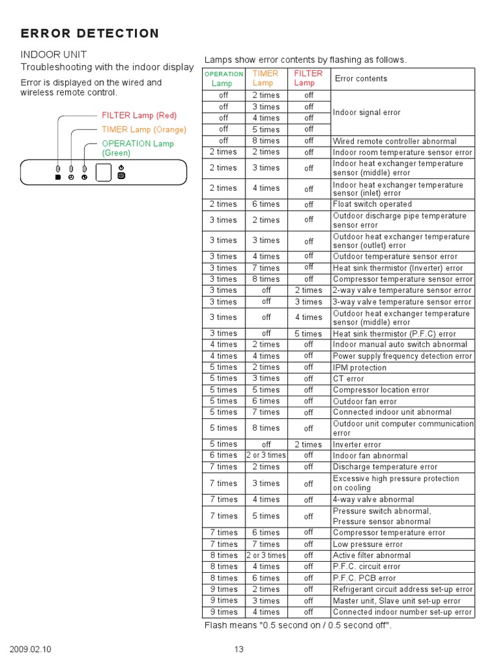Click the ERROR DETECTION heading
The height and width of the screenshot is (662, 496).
click(90, 34)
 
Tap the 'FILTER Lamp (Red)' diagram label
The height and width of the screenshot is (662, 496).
click(139, 115)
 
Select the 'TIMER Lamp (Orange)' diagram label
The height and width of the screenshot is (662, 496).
click(144, 129)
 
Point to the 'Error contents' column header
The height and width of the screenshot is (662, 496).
click(361, 79)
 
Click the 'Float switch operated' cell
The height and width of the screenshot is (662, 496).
click(372, 204)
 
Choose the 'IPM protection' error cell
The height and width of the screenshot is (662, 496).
click(360, 368)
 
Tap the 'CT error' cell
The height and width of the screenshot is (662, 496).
click(349, 379)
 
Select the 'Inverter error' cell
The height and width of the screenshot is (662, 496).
click(357, 445)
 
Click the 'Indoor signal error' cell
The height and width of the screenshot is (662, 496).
click(367, 112)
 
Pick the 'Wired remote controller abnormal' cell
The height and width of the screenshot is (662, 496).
click(395, 141)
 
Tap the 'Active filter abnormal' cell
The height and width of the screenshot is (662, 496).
click(371, 555)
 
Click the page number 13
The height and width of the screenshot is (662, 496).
click(239, 650)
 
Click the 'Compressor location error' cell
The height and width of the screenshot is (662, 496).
click(381, 390)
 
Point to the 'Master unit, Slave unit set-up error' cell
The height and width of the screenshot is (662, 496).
click(397, 601)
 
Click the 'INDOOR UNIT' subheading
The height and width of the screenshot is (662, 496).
click(54, 54)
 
